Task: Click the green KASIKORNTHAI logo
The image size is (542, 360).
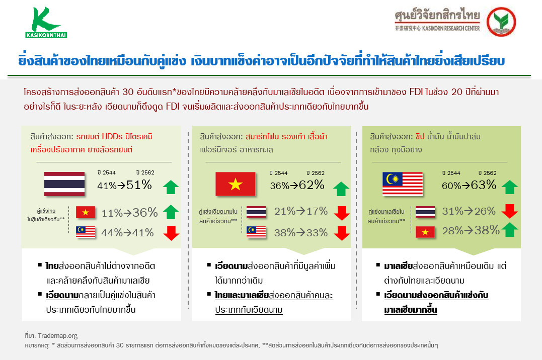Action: pos(46,23)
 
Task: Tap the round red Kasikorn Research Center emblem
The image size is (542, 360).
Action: pos(501,22)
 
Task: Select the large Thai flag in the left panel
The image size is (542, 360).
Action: pos(64,184)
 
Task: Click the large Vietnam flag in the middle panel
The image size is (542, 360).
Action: pos(236,184)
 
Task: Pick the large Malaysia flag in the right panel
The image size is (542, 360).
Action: pos(403,184)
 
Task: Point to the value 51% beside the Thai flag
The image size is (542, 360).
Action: pos(139,185)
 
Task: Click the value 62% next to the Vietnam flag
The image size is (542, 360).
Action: pos(312,185)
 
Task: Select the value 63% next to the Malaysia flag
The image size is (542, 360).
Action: pos(483,185)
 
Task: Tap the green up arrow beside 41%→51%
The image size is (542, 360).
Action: pos(171,187)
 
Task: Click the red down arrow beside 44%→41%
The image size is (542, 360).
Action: pos(171,233)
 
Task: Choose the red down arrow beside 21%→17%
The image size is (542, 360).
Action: pos(342,213)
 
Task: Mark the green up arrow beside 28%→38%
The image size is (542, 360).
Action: pos(509,229)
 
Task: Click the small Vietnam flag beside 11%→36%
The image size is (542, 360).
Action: pos(86,213)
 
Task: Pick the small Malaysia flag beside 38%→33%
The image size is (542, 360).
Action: pos(256,232)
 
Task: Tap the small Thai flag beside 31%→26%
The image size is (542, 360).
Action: pos(425,212)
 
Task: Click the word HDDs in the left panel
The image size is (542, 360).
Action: pos(112,136)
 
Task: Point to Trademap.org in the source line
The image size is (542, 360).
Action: pos(58,335)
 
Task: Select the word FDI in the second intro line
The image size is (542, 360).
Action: pos(173,106)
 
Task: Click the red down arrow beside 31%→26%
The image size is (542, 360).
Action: pos(509,211)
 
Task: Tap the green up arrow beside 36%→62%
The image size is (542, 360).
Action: pos(341,189)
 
